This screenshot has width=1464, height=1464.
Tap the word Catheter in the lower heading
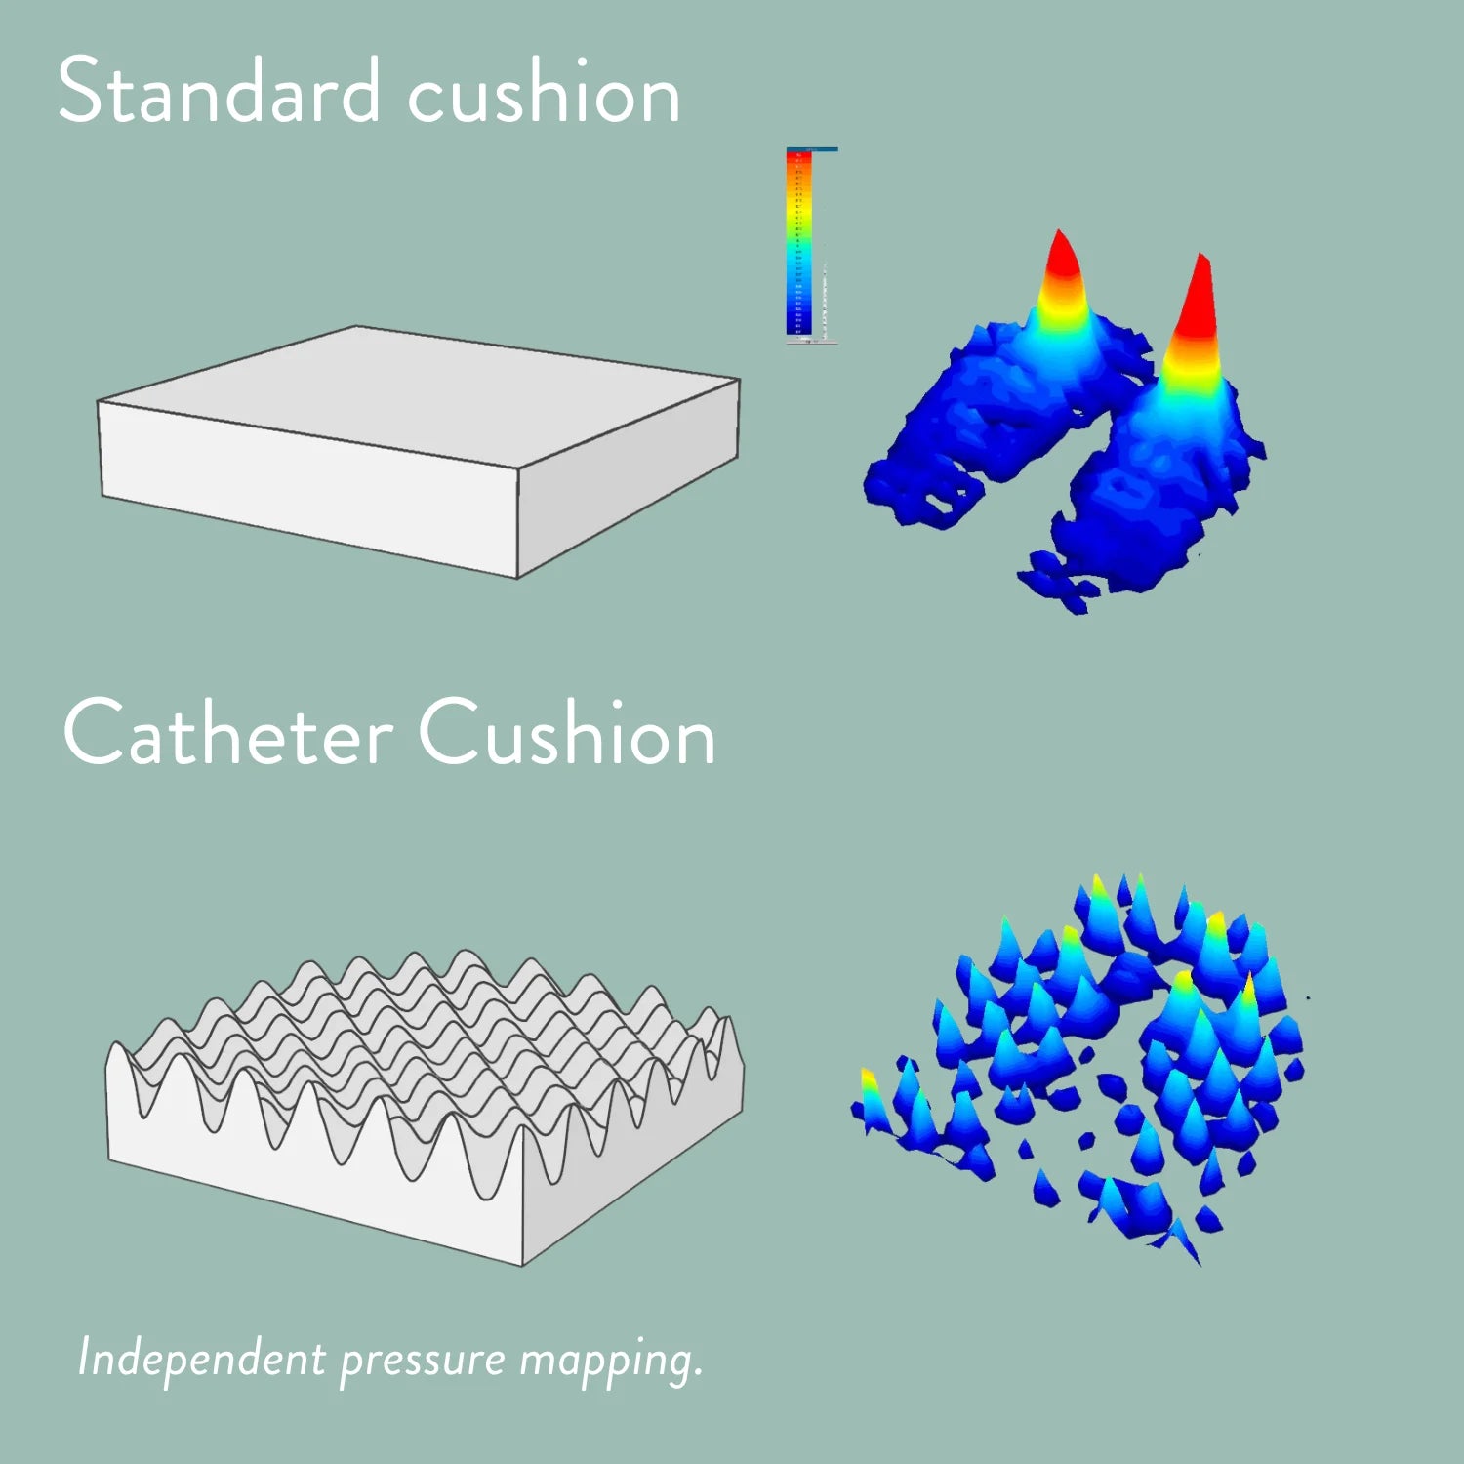point(228,733)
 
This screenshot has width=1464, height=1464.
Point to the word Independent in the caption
point(201,1358)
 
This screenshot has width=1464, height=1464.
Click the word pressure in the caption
point(422,1362)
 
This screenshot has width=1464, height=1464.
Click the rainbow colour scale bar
point(798,244)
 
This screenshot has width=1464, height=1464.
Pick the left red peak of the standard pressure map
point(1062,259)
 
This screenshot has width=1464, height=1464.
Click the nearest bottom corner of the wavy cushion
point(523,1265)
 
